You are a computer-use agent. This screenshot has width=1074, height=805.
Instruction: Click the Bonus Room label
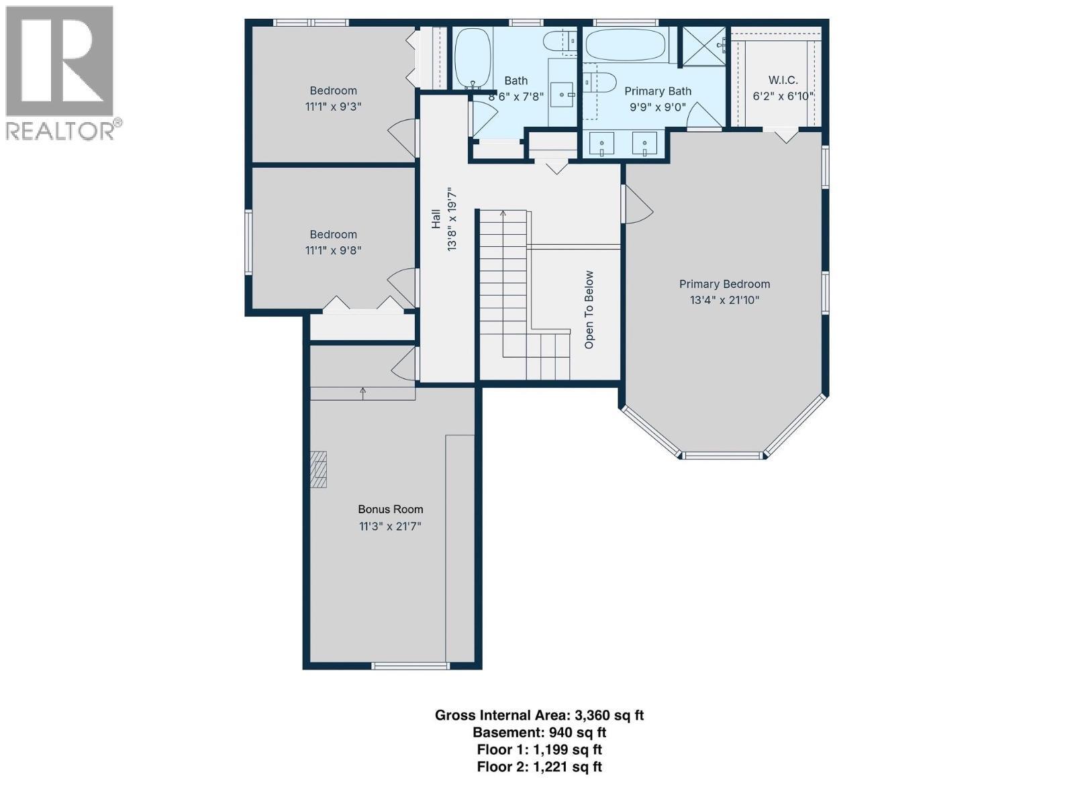pos(390,509)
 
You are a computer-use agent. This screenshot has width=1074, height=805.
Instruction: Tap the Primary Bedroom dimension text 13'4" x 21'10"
pos(724,300)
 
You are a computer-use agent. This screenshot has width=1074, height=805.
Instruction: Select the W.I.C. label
pos(783,80)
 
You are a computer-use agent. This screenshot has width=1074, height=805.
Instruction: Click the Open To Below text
pos(589,310)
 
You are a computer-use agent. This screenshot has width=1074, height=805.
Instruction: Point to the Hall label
pos(436,219)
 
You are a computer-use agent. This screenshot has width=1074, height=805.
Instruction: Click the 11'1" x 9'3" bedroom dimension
pos(333,106)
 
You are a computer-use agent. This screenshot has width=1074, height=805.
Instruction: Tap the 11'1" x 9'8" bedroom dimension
pos(333,250)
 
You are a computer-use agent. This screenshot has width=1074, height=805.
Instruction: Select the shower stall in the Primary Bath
pos(703,46)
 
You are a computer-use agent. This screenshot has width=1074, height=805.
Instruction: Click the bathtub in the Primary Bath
pos(626,45)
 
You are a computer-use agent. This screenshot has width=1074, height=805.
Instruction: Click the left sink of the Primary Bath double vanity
pos(601,144)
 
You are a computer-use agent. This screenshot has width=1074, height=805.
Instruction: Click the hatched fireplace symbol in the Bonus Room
pos(318,470)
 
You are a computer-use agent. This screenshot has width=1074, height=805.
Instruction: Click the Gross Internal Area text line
pos(539,715)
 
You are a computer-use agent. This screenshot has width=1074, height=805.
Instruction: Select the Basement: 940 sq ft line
pos(539,733)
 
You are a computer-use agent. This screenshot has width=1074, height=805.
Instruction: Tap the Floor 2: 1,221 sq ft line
pos(539,767)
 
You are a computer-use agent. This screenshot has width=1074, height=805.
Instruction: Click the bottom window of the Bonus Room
pos(411,666)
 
